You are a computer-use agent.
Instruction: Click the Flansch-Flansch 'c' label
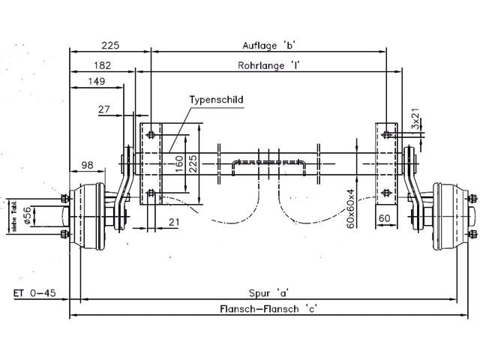pos(268,308)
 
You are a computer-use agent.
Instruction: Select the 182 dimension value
pos(103,66)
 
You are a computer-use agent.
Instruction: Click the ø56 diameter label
pos(28,215)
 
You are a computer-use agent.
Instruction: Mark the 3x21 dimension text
pos(415,118)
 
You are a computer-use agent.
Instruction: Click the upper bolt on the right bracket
pos(386,136)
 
